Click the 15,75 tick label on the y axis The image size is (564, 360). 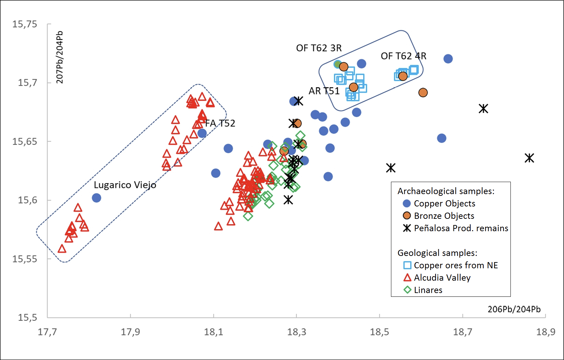[25, 24]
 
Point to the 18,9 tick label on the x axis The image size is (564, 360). [545, 332]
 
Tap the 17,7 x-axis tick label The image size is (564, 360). [47, 332]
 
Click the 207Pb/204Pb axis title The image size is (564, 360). [60, 57]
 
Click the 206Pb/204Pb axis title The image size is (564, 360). [514, 309]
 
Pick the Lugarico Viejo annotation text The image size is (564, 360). [125, 185]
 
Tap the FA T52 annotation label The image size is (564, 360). [220, 123]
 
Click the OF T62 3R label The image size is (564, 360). [319, 48]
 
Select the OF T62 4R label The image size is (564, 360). [403, 56]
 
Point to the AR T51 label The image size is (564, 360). [324, 91]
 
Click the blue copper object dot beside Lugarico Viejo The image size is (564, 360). [96, 198]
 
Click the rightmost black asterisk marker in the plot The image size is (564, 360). [529, 158]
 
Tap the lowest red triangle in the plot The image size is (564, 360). [62, 249]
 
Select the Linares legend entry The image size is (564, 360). [428, 290]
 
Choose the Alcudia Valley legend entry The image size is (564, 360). [442, 278]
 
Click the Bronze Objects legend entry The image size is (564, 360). [444, 216]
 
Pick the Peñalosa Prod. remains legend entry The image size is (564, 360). [461, 228]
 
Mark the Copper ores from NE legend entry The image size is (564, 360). [456, 265]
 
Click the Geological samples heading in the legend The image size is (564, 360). [437, 253]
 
